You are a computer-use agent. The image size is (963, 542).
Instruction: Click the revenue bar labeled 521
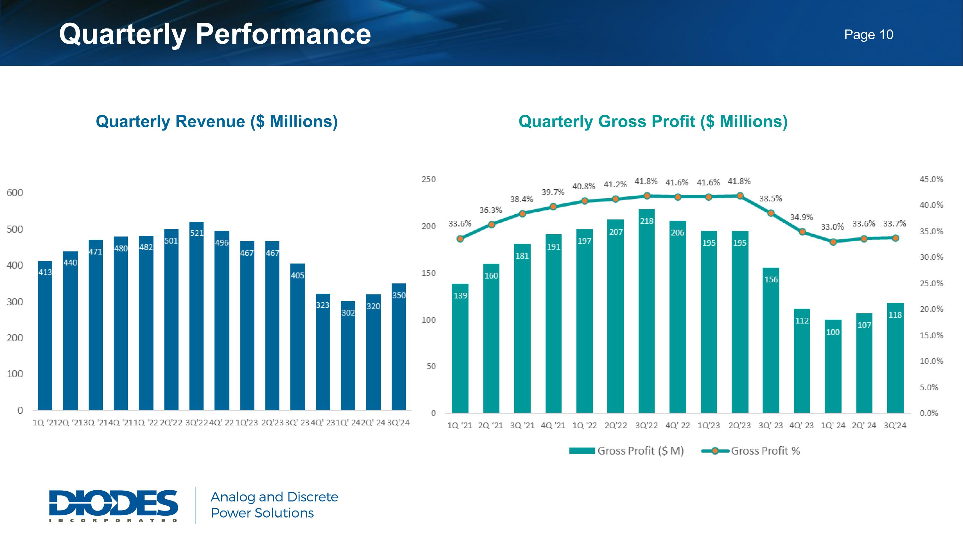197,316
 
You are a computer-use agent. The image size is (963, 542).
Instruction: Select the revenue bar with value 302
348,355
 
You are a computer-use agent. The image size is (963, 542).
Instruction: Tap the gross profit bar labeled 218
647,311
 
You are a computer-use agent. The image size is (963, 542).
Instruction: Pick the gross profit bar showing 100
833,366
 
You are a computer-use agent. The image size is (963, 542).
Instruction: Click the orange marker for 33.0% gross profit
833,242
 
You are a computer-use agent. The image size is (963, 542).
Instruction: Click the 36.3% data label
491,210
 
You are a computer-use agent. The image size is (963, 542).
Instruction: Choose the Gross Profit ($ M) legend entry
627,451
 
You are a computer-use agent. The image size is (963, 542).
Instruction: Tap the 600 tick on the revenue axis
15,193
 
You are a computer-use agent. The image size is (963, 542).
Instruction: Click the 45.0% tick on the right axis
931,179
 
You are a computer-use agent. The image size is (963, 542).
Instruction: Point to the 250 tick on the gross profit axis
429,179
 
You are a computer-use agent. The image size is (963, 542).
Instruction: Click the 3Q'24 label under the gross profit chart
895,425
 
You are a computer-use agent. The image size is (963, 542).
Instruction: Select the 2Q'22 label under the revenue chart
171,423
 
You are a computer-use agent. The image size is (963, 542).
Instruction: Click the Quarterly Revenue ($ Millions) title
217,121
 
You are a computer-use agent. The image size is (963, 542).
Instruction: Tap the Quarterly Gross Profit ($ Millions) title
653,121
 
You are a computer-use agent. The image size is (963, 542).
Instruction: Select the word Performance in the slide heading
283,34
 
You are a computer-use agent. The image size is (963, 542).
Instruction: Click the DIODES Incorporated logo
114,505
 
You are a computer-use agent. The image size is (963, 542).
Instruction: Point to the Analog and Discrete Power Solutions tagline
274,505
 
